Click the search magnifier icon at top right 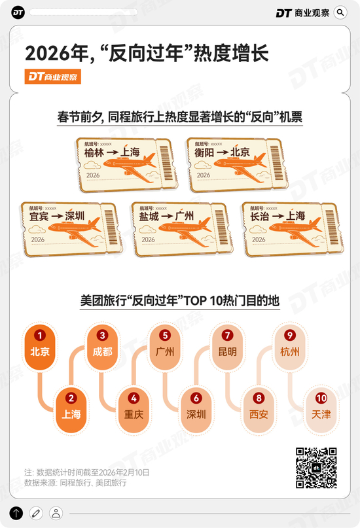pyautogui.click(x=340, y=12)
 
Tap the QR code pyautogui.click(x=316, y=468)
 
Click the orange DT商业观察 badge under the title pyautogui.click(x=54, y=77)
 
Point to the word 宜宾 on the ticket pyautogui.click(x=39, y=216)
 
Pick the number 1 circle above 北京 pyautogui.click(x=40, y=334)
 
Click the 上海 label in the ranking pyautogui.click(x=71, y=414)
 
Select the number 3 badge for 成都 pyautogui.click(x=102, y=334)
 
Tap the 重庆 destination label pyautogui.click(x=134, y=414)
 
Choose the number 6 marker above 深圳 pyautogui.click(x=196, y=397)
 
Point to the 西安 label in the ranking pyautogui.click(x=259, y=414)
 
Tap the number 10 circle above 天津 pyautogui.click(x=321, y=397)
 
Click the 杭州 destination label pyautogui.click(x=290, y=351)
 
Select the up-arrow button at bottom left pyautogui.click(x=16, y=513)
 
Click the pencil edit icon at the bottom pyautogui.click(x=36, y=513)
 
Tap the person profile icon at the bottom pyautogui.click(x=56, y=513)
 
